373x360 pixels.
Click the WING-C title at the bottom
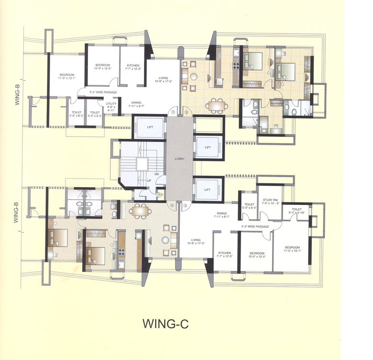click(x=165, y=324)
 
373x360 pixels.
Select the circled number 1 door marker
click(x=174, y=112)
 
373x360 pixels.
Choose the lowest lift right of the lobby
click(x=208, y=190)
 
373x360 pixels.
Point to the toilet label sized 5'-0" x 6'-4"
click(x=249, y=206)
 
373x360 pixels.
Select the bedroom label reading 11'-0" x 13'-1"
click(x=67, y=77)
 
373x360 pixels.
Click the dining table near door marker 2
click(x=217, y=105)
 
